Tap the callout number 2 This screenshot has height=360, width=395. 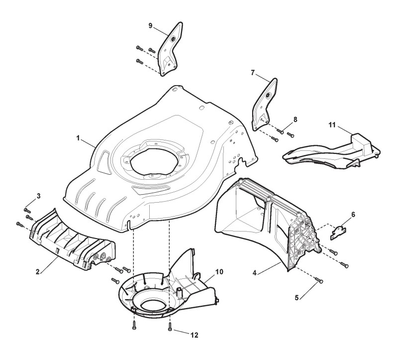[38, 272]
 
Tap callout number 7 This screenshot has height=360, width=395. [252, 73]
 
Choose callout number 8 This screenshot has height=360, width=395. [296, 119]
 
